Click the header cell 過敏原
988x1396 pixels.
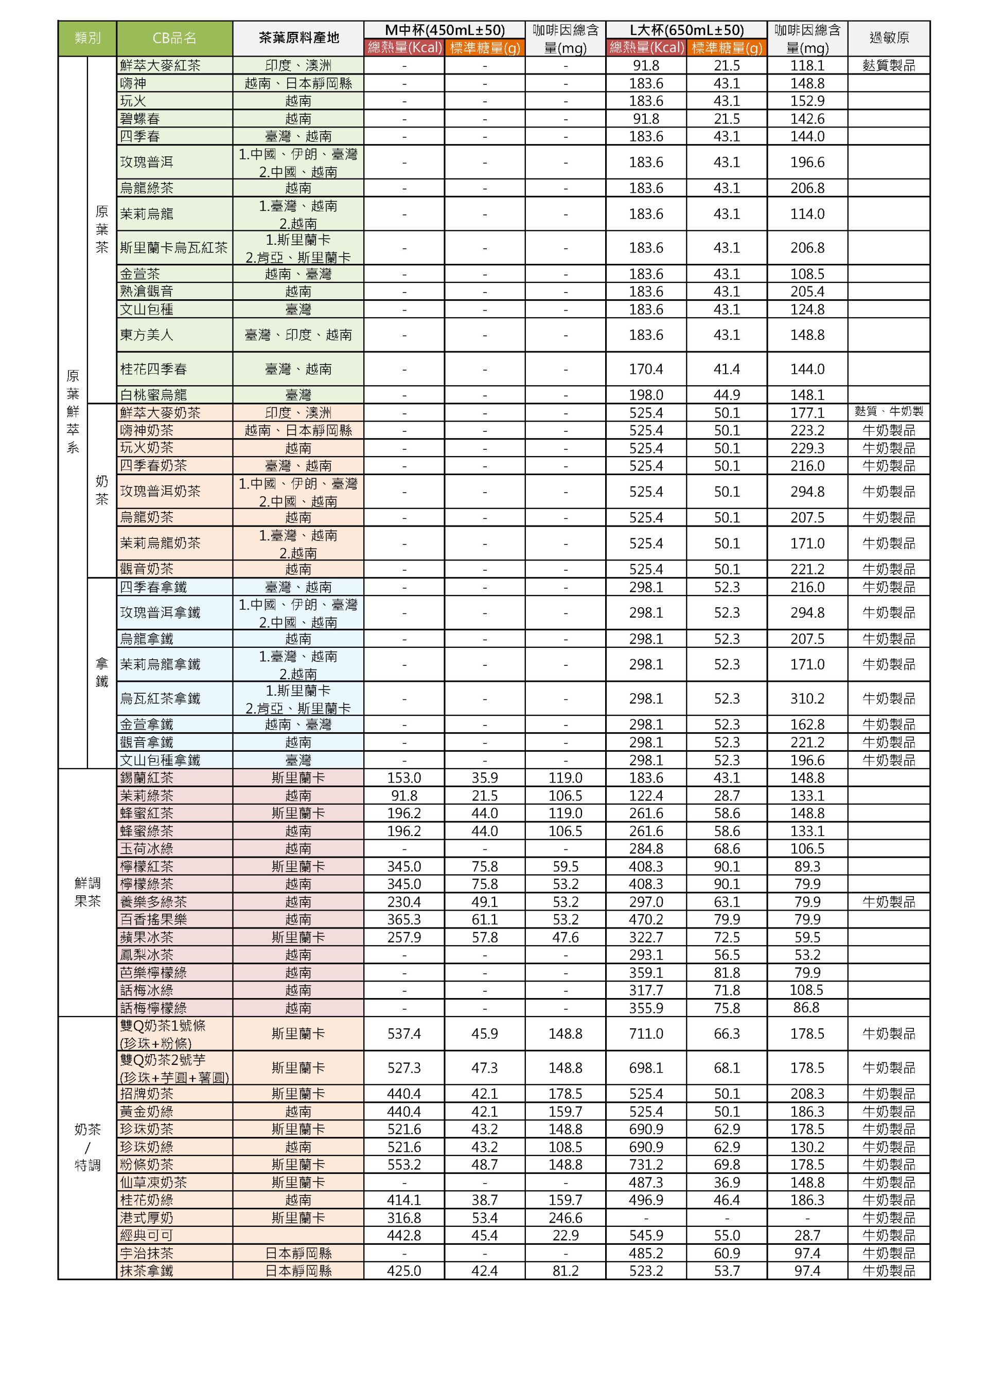pyautogui.click(x=888, y=38)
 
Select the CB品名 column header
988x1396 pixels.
pyautogui.click(x=174, y=38)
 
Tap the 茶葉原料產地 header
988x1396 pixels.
pyautogui.click(x=298, y=38)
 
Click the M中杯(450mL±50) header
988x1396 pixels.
pyautogui.click(x=444, y=30)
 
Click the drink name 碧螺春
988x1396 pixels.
pyautogui.click(x=140, y=119)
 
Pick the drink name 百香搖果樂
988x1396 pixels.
pyautogui.click(x=153, y=919)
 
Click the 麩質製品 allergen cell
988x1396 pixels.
pyautogui.click(x=888, y=65)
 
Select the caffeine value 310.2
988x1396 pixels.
pyautogui.click(x=807, y=699)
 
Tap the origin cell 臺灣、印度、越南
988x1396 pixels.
pyautogui.click(x=298, y=335)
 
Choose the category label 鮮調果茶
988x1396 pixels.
pyautogui.click(x=87, y=892)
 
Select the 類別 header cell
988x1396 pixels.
pyautogui.click(x=87, y=38)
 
